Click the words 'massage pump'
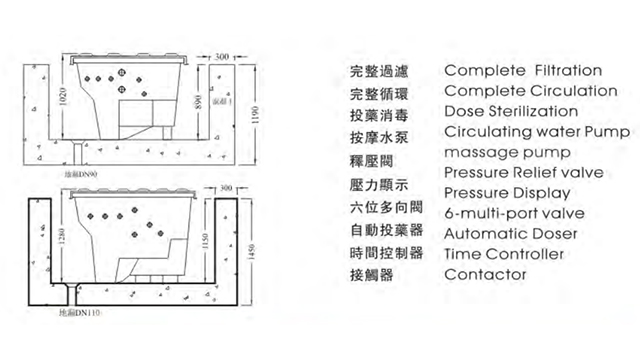pyautogui.click(x=507, y=152)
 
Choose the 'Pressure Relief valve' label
pyautogui.click(x=521, y=172)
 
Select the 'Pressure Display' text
pyautogui.click(x=506, y=192)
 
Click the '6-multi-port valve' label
pyautogui.click(x=514, y=213)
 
